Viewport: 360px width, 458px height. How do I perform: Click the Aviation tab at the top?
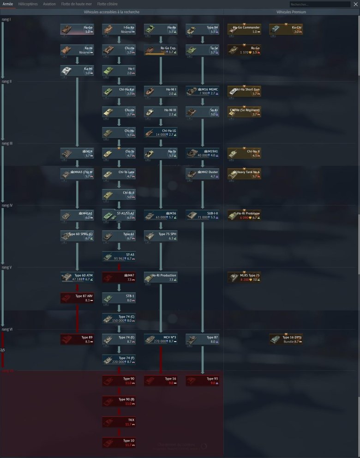pos(49,4)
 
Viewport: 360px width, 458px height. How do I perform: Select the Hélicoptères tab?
pos(28,4)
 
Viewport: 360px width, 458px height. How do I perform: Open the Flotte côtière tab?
pos(108,4)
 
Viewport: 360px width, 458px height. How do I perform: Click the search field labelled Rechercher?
pos(319,4)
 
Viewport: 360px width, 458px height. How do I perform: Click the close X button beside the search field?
pos(355,4)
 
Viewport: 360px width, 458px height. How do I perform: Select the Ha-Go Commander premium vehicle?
pos(244,30)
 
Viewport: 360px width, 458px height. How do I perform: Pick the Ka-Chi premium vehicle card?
pos(286,30)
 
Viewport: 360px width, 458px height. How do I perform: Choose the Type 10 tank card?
pos(119,443)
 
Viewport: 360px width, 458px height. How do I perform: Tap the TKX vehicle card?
pos(119,422)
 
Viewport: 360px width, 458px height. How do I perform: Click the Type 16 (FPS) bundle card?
pos(286,340)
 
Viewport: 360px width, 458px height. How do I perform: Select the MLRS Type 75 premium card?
pos(244,277)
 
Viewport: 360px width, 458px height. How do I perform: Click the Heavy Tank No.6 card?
pos(244,174)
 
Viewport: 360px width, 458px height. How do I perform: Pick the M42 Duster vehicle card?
pos(202,174)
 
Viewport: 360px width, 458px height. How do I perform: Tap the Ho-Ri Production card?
pos(161,277)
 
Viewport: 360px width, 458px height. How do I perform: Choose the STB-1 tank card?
pos(119,298)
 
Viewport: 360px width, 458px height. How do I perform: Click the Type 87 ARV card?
pos(77,298)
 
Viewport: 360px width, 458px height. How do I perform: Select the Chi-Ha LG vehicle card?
pos(161,133)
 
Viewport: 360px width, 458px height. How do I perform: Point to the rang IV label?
pos(7,205)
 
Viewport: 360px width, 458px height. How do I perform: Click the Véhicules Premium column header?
pos(291,12)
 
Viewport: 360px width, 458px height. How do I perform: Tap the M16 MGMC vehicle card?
pos(202,91)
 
